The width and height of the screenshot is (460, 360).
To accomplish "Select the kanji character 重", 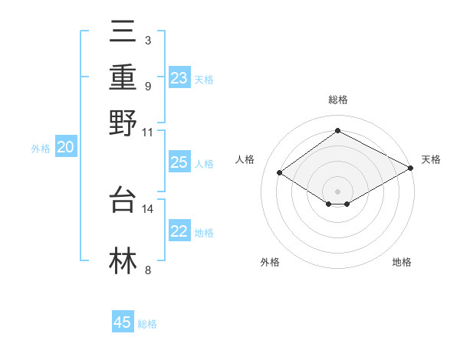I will (123, 77).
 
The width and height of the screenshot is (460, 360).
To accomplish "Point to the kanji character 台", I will (123, 199).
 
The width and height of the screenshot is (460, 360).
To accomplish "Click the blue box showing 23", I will (179, 77).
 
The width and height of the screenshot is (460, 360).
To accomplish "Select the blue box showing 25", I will (179, 162).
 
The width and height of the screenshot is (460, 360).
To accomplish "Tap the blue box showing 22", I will (179, 231).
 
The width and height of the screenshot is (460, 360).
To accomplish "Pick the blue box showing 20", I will (65, 148).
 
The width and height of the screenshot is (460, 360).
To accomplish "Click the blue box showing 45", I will (123, 322).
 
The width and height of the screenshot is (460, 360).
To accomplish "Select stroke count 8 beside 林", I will (147, 270).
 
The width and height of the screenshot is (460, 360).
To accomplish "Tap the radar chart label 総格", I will (337, 100).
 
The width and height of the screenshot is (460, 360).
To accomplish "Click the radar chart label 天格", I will (431, 159).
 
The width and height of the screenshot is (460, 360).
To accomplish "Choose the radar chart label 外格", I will (270, 263).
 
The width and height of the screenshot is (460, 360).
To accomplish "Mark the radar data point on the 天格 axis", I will (411, 168).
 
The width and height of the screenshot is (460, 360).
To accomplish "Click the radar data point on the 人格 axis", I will (280, 172).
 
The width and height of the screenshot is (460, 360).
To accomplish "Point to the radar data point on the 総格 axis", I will (337, 131).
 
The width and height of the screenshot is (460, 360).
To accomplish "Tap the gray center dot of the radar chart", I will (337, 191).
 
